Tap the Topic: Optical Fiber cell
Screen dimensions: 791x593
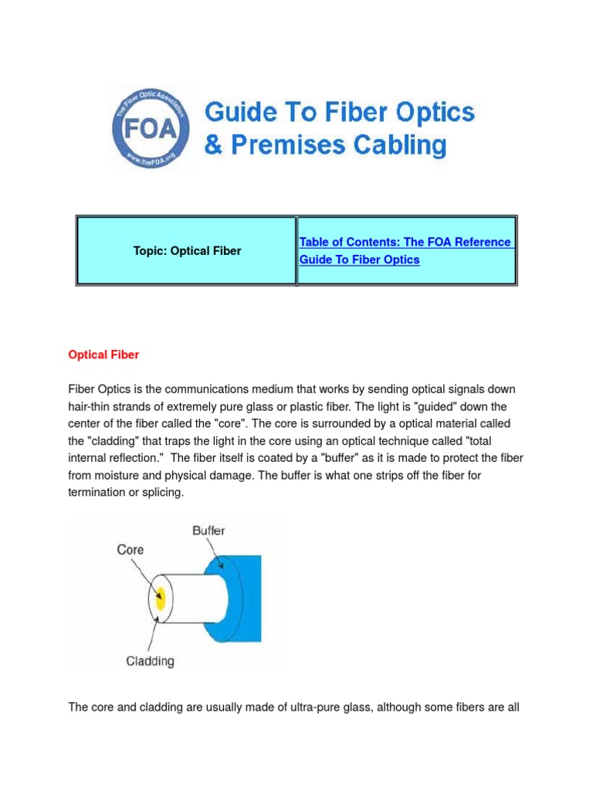[185, 251]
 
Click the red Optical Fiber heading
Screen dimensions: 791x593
[104, 355]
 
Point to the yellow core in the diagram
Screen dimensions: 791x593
[160, 599]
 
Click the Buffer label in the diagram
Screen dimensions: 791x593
[208, 531]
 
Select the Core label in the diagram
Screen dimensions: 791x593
[130, 550]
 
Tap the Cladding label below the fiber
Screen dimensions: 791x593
[150, 660]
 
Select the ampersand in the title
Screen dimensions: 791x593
[212, 145]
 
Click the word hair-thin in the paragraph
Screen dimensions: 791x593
[94, 406]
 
